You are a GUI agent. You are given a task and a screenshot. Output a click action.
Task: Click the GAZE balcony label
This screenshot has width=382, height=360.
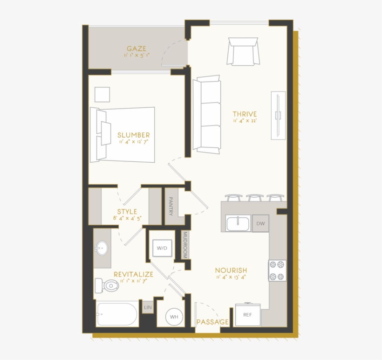tap(136, 48)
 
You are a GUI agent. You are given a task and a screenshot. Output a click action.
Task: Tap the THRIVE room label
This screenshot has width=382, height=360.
tap(245, 114)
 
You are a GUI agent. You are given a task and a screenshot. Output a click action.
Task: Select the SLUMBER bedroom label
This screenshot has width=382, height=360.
tap(133, 135)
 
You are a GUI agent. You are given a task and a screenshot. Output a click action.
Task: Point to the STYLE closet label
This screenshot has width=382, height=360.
tap(127, 212)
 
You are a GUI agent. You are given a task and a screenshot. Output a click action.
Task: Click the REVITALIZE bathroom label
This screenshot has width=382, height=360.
tap(133, 275)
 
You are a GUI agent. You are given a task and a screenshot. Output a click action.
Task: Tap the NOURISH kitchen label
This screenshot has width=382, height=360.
tap(231, 270)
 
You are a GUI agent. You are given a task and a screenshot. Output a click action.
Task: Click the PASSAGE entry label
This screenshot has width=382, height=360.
tap(212, 322)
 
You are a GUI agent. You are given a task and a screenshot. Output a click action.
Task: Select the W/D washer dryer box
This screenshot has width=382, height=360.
tap(162, 249)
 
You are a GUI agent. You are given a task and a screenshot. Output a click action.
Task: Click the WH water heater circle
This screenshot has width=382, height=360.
tap(174, 317)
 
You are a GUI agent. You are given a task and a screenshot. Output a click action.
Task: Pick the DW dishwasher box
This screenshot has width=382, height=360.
tap(260, 223)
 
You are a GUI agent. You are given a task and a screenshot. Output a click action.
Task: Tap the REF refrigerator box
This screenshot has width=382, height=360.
tap(247, 315)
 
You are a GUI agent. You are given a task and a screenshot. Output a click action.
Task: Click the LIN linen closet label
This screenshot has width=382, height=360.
tap(148, 307)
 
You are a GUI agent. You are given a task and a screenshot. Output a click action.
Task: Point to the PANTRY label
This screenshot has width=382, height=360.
tap(171, 206)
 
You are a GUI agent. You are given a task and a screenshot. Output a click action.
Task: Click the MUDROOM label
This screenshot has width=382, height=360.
tap(184, 245)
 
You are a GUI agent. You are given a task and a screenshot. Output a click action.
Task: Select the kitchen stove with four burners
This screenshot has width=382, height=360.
tap(277, 270)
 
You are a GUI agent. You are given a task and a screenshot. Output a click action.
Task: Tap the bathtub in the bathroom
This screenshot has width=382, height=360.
tap(117, 314)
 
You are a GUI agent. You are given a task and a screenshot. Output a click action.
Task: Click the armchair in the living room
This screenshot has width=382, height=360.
tap(243, 51)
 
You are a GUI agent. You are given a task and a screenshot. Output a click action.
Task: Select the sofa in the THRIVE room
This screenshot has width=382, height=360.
tap(206, 115)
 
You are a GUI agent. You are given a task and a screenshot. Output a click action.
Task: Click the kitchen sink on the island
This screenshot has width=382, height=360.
tap(238, 223)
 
